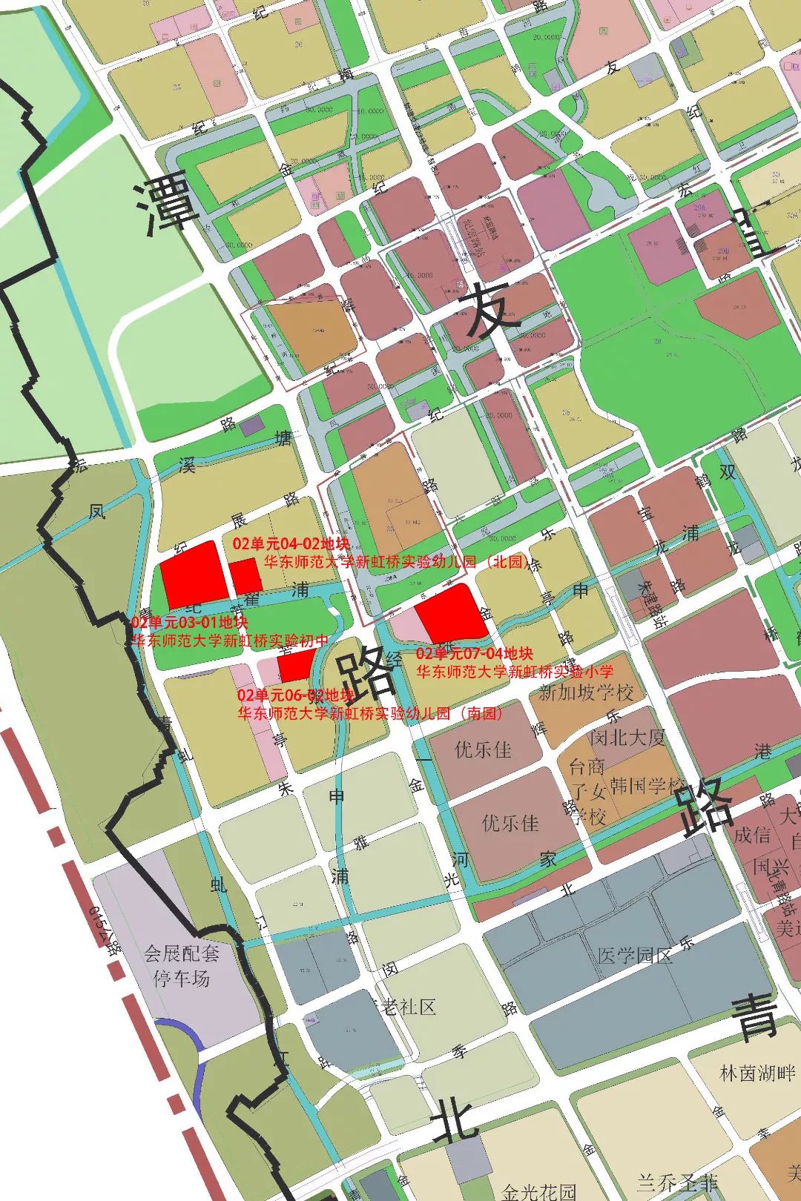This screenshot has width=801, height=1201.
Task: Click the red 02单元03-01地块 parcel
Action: click(194, 574)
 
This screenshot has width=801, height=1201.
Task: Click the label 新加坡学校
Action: click(586, 692)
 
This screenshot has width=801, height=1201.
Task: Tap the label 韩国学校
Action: click(647, 785)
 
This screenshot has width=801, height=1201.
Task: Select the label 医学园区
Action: click(634, 955)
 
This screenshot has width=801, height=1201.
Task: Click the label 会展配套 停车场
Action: click(182, 965)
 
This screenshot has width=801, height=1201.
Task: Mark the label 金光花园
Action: click(539, 1191)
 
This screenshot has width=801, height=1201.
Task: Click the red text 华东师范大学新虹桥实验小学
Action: click(515, 672)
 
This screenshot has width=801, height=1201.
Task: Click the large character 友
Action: click(489, 311)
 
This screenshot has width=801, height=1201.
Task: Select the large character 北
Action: click(454, 1119)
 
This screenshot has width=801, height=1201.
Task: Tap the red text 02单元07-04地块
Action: click(474, 653)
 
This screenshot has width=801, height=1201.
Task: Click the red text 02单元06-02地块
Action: click(295, 695)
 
